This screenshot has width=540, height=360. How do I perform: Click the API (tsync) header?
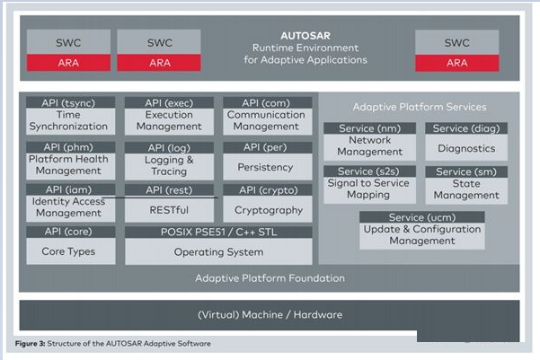point(71,102)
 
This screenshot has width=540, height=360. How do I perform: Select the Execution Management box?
point(169,121)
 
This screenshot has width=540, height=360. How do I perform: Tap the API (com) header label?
point(266,102)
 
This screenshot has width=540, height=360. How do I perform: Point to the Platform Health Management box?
point(71,165)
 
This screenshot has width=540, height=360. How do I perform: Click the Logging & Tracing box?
point(169,166)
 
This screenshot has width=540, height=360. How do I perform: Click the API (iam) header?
point(71,189)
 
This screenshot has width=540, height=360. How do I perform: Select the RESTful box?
point(169,209)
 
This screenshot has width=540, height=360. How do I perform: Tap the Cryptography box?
point(268,209)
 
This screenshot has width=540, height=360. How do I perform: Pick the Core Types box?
point(71,251)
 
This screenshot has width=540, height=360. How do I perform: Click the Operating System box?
point(218,251)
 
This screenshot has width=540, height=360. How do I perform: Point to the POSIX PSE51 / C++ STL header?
point(218,232)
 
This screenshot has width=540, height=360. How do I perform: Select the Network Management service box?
point(370,147)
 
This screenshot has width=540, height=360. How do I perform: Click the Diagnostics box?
point(466,147)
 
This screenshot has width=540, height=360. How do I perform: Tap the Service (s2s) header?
point(370,171)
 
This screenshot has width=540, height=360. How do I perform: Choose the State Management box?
point(466,190)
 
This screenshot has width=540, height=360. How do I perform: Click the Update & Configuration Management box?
point(422,236)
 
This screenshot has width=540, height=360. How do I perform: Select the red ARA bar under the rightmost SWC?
point(457,63)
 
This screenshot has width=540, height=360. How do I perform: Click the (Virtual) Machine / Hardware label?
point(270,314)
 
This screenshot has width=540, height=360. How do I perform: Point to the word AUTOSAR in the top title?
point(305,35)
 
